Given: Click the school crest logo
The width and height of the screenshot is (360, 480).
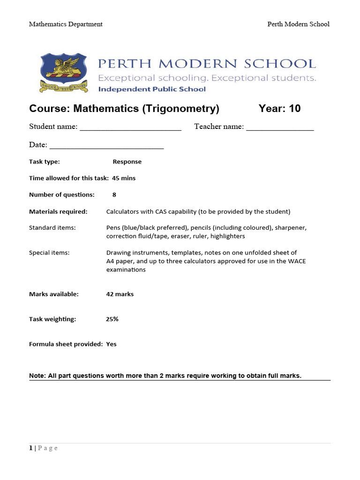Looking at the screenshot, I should (x=64, y=72).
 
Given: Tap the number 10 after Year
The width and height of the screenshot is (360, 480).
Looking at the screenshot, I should (x=295, y=109).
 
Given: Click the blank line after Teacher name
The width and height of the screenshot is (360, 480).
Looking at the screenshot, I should (x=280, y=127).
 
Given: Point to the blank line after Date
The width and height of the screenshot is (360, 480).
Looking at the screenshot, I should (x=106, y=146).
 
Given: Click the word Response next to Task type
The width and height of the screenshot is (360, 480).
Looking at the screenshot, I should (x=127, y=162).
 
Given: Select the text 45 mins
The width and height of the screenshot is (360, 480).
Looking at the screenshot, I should (x=124, y=178).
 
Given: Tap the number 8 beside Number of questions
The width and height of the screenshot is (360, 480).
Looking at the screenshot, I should (x=114, y=195).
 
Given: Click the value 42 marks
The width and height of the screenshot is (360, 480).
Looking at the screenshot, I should (x=120, y=294).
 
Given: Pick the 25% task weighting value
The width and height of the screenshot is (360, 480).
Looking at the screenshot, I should (x=112, y=319).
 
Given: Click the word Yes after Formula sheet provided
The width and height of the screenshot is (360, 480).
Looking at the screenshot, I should (x=111, y=344).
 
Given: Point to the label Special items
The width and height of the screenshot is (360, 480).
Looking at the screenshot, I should (x=49, y=253).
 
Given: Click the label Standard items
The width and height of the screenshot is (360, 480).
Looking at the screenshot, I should (x=52, y=228).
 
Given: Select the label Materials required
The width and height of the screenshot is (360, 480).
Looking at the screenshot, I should (x=58, y=211).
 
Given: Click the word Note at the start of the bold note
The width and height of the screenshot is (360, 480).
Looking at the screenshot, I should (x=37, y=375).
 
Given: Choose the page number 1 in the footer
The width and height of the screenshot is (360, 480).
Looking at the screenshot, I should (x=31, y=448).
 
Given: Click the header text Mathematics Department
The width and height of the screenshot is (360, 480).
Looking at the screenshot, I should (x=66, y=24).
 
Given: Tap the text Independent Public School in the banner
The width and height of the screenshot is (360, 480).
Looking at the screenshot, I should (x=152, y=89).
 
